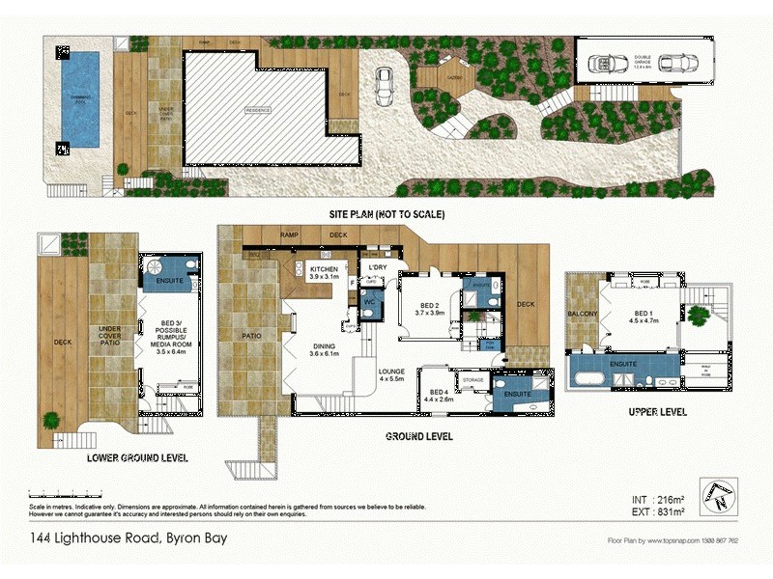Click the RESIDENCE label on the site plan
point(258,110)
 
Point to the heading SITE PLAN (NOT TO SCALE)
point(386,214)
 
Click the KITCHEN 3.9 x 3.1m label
point(325,271)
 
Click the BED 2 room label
point(428,309)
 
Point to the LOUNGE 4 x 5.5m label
point(392,373)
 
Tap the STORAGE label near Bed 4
point(472,380)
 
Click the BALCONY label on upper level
point(583,315)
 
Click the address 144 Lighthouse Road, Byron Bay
point(122,538)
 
